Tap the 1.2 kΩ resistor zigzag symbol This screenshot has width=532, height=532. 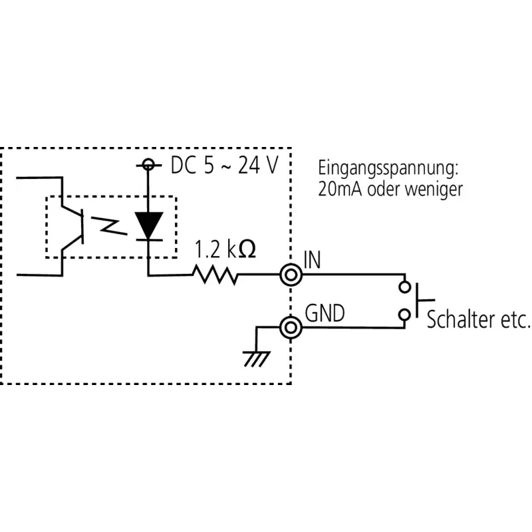pos(215,275)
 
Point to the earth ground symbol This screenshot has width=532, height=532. pos(257,359)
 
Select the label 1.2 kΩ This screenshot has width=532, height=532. pos(225,249)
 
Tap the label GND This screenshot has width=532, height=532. pos(325,313)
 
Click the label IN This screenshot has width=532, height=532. pos(312,260)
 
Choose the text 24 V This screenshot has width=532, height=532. pos(258,165)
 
